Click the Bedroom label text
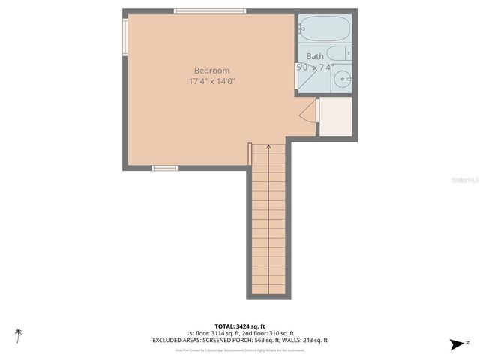pos(212,71)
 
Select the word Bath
pos(315,56)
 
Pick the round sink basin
pos(342,79)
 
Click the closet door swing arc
pos(308,112)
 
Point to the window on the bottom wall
pos(164,168)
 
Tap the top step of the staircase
pos(268,148)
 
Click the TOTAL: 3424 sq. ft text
pos(240,326)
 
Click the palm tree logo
pos(18,334)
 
